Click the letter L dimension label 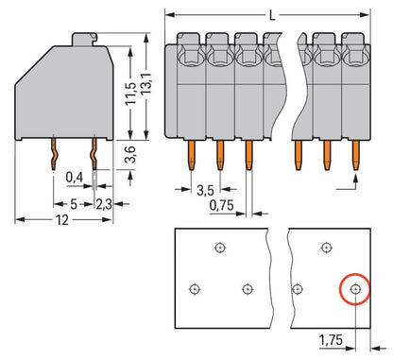272,15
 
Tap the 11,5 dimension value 131,94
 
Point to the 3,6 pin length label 129,154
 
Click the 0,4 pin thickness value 75,178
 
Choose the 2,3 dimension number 104,204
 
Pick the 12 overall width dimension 62,220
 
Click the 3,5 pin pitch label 205,190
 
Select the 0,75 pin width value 222,205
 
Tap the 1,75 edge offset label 331,340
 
